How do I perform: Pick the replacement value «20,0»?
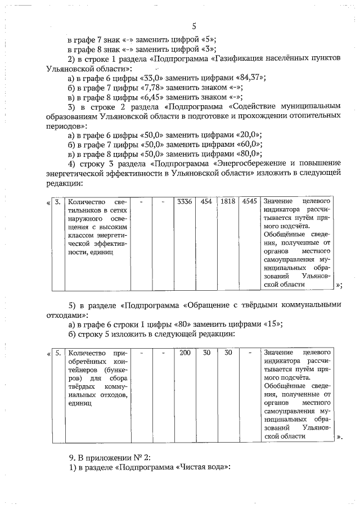(246, 135)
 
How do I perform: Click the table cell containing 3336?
(183, 201)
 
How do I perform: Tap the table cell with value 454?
(206, 201)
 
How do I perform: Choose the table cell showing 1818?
(228, 201)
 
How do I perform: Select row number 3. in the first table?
(58, 201)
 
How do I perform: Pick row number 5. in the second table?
(58, 353)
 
